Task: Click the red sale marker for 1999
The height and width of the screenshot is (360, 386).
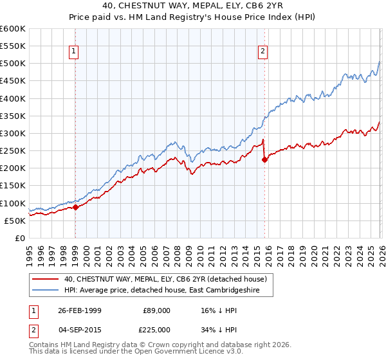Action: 76,207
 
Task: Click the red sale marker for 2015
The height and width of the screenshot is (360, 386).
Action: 264,160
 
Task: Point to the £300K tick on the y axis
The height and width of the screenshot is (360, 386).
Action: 13,134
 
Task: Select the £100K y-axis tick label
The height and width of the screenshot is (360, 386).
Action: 13,203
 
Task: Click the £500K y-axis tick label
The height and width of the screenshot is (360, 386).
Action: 13,64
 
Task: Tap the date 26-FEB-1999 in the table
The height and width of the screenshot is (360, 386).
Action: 80,310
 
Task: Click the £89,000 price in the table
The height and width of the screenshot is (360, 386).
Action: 156,310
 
